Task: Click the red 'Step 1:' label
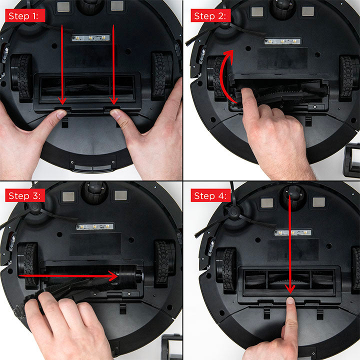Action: [x=25, y=15]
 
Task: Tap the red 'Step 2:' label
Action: [x=210, y=15]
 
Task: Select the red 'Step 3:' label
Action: [x=25, y=195]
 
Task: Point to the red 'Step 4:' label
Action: [x=210, y=195]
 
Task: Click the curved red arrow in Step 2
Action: [x=222, y=76]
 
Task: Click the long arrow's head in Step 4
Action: [x=290, y=288]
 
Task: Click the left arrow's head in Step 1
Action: [x=62, y=100]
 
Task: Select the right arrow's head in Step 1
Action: [x=113, y=100]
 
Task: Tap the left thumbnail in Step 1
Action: [x=61, y=114]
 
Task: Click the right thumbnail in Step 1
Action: [x=115, y=113]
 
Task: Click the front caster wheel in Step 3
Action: [x=94, y=192]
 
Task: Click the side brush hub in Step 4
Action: [x=233, y=211]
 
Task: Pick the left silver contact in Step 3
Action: [x=68, y=197]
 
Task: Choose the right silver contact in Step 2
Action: [x=308, y=11]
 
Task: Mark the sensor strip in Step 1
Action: [x=90, y=38]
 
